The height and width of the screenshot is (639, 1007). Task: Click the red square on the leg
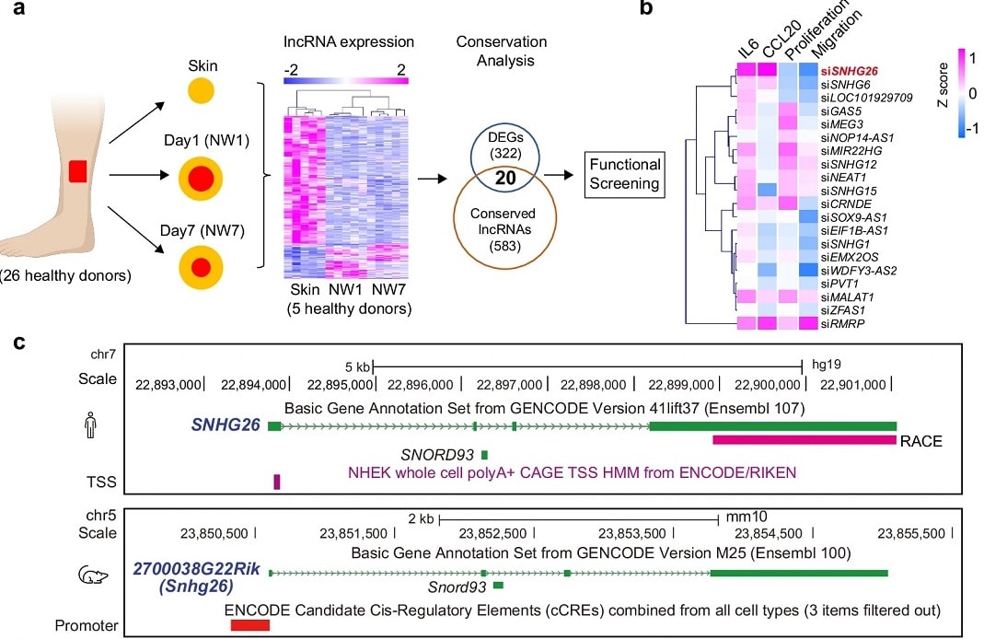[77, 171]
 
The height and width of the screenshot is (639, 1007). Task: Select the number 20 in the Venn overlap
[504, 178]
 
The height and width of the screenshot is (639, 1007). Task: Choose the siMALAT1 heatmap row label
[847, 296]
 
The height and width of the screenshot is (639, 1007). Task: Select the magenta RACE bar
[804, 440]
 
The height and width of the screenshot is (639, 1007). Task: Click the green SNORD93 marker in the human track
[484, 454]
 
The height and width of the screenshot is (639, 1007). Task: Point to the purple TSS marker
[276, 481]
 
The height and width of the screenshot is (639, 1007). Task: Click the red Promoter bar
[249, 625]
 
